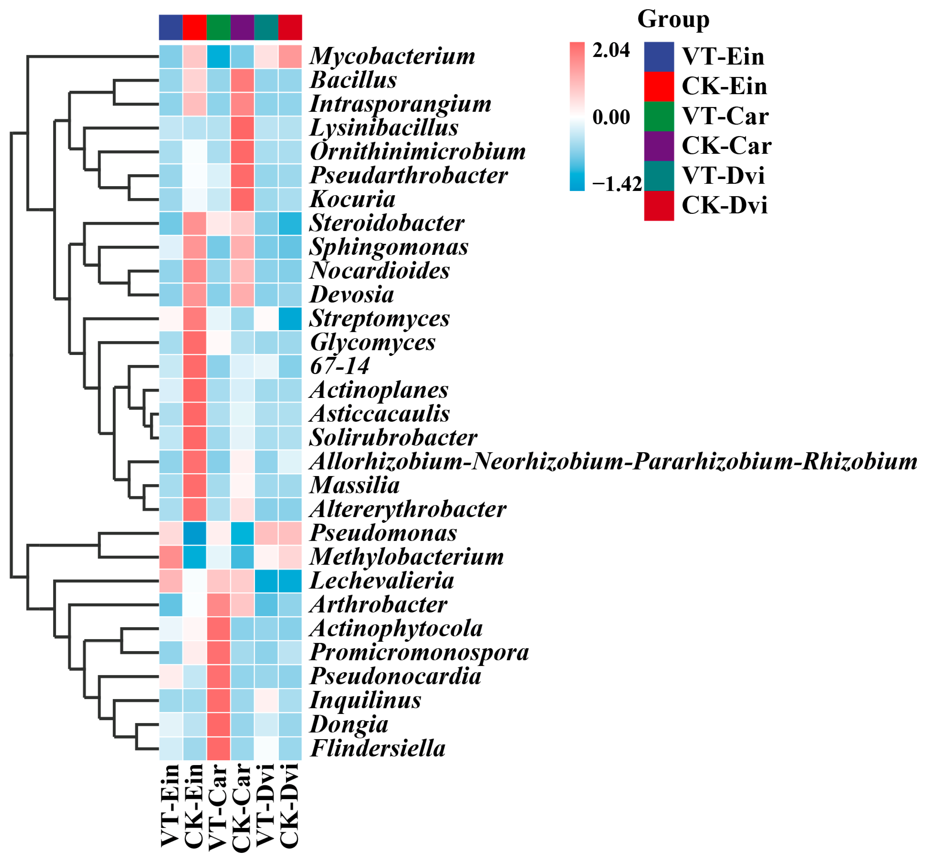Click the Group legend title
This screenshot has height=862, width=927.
[x=673, y=20]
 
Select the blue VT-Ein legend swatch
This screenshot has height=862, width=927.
[x=659, y=57]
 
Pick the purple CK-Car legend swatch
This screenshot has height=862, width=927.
[x=659, y=146]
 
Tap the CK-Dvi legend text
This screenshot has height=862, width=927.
[x=724, y=206]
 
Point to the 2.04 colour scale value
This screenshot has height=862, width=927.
[x=611, y=50]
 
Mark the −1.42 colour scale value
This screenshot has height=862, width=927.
[x=616, y=184]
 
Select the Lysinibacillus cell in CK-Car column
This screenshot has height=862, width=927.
[x=242, y=128]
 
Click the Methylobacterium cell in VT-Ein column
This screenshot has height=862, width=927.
[x=171, y=557]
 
